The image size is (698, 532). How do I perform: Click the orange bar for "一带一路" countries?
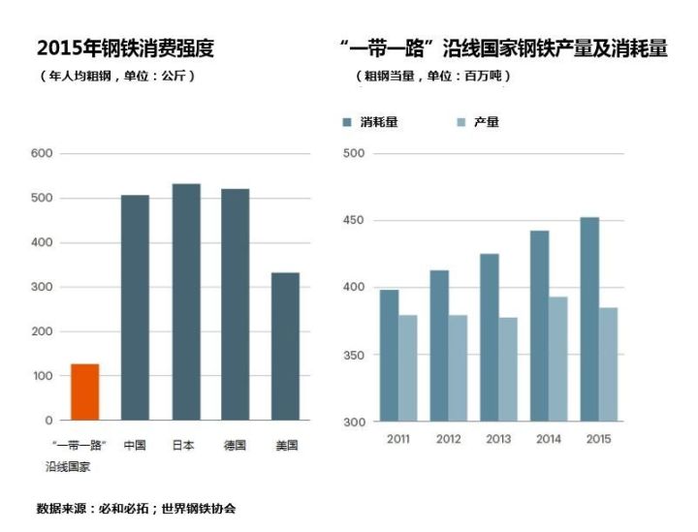84,391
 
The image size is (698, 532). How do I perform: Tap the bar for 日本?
185,301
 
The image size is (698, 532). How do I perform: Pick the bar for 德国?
235,304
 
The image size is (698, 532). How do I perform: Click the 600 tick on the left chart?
42,154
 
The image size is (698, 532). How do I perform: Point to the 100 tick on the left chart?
42,376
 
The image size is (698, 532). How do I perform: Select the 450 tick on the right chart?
353,221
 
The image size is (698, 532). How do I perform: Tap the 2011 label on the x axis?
397,439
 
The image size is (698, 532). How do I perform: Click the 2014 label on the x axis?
548,439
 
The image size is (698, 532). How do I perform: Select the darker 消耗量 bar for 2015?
589,319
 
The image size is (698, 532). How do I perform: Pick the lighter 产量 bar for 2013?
507,369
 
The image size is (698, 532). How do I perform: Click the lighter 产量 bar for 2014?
558,359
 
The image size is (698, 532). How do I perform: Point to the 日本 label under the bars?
184,446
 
